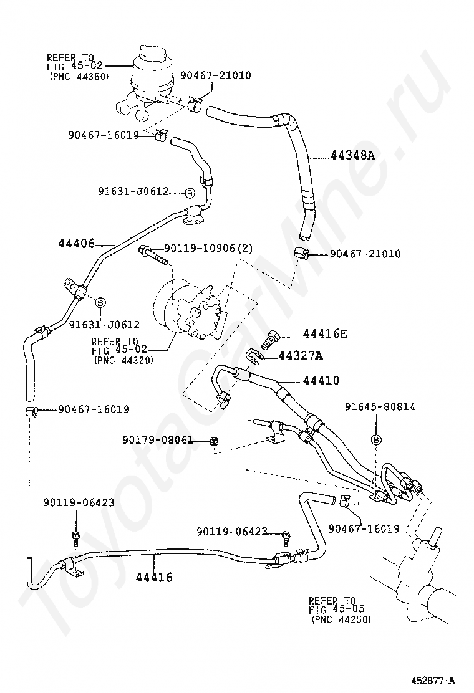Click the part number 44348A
pos(352,155)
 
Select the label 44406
pos(77,243)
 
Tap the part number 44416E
pos(324,333)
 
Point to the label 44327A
pos(300,355)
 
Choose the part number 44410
pos(321,380)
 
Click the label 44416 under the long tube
pos(154,577)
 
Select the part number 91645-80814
pos(380,406)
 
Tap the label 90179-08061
pos(158,440)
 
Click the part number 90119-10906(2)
pos(209,249)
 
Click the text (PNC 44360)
pos(80,76)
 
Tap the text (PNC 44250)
pos(341,619)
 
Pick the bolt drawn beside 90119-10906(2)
pos(154,256)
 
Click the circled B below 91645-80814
pos(376,439)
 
